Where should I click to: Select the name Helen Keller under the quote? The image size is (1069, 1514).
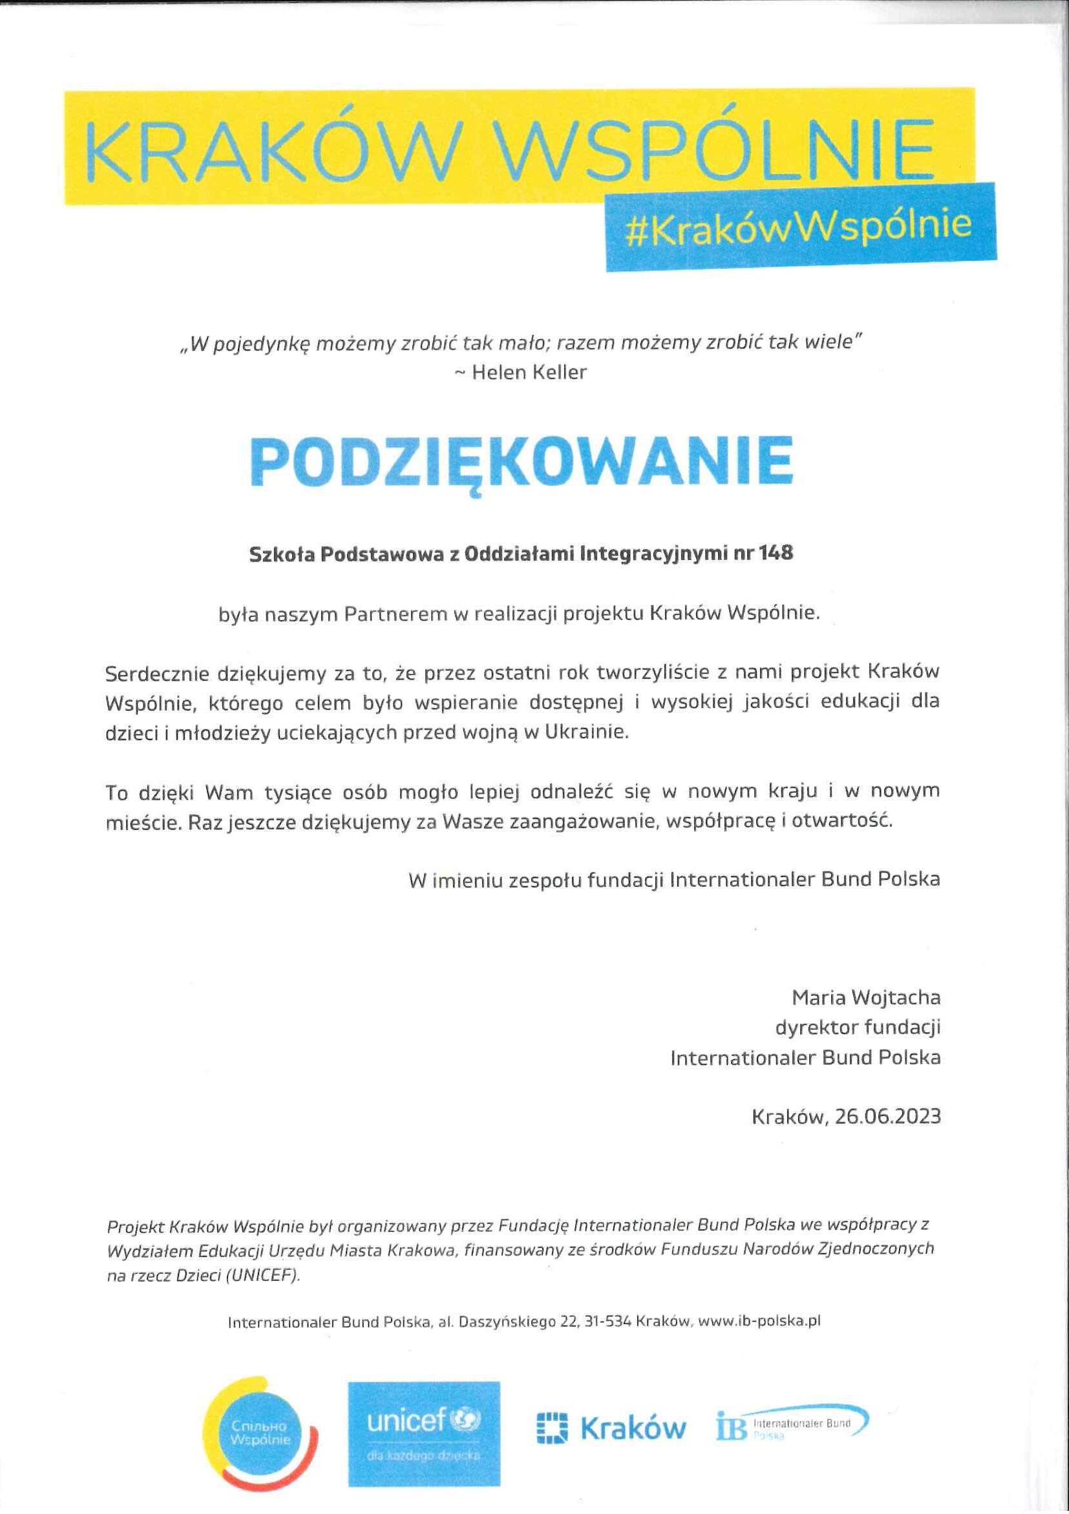[x=529, y=373]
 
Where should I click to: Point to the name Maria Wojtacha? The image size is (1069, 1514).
[x=866, y=998]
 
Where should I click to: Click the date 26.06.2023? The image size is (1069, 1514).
[x=887, y=1116]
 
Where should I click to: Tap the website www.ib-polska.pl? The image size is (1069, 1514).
[x=759, y=1321]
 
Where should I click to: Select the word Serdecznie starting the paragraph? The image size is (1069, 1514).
[x=155, y=674]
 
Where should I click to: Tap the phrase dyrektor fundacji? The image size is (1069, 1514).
[x=858, y=1028]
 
